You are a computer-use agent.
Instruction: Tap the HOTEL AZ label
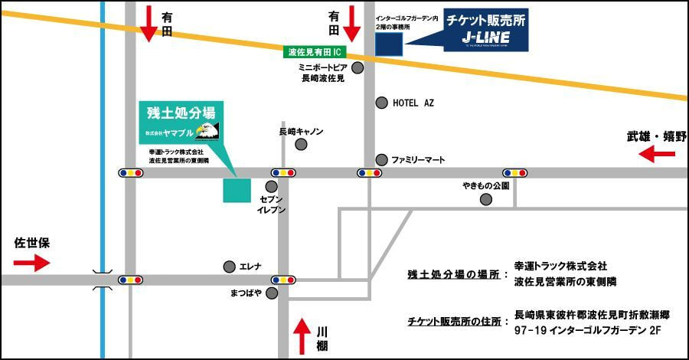(413, 103)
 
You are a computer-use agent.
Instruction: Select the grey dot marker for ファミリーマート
(381, 159)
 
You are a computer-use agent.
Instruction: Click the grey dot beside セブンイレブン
(271, 186)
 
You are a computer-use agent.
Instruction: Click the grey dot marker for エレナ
(229, 267)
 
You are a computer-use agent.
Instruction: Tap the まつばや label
(246, 293)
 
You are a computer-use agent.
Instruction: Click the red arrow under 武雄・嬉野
(658, 155)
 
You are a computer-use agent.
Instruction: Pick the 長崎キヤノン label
(301, 132)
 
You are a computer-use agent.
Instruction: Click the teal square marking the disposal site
(237, 189)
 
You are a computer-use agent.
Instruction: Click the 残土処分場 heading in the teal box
(181, 113)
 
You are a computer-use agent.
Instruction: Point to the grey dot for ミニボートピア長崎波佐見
(358, 67)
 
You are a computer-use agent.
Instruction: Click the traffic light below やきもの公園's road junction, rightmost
(514, 173)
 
